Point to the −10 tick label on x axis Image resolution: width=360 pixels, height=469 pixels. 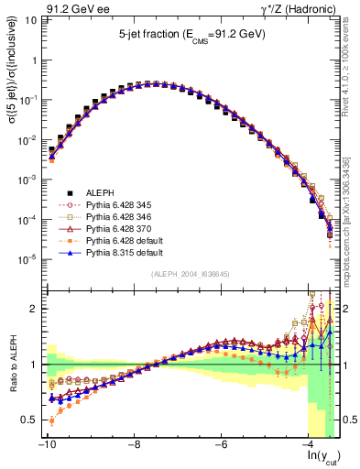coord(45,444)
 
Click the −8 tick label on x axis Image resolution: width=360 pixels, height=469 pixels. coord(134,444)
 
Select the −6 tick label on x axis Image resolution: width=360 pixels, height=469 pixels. coord(222,444)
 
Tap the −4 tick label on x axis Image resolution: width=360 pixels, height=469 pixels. coord(310,444)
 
